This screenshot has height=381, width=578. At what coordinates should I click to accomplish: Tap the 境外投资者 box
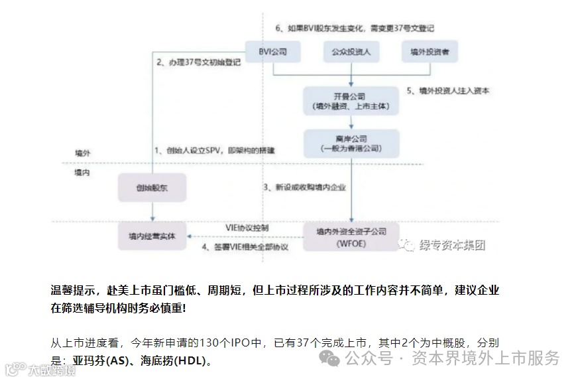point(430,51)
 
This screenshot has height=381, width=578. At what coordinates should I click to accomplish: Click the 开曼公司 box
point(351,101)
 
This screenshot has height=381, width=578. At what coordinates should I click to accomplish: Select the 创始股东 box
point(152,188)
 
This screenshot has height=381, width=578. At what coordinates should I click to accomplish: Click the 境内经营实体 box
point(152,236)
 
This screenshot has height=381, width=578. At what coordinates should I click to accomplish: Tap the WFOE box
point(351,236)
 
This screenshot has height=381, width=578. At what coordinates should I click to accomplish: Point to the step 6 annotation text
point(355,29)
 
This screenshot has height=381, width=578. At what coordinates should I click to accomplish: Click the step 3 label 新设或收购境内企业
point(304,188)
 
